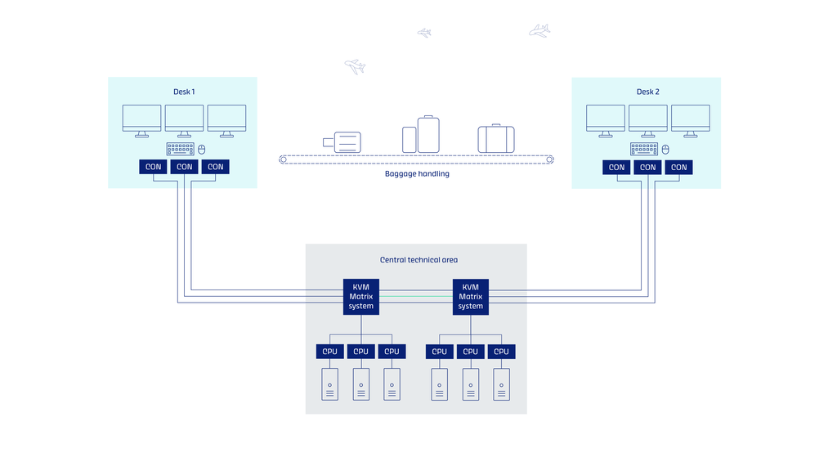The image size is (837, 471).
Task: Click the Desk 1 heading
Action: point(184,92)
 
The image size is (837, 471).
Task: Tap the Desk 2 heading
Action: point(647,92)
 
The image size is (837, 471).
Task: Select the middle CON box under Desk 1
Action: point(184,167)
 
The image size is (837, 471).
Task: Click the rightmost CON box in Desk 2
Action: point(678,167)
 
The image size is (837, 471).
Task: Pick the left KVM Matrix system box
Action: point(360,296)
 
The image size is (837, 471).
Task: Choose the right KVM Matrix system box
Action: point(470,296)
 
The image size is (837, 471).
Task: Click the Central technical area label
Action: point(418,260)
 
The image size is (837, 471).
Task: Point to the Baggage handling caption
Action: point(417,173)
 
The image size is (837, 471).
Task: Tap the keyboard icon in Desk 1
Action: point(181,149)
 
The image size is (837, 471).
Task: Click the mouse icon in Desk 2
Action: point(665,150)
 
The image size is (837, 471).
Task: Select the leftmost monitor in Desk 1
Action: point(141,121)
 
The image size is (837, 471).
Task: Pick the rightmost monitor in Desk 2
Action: point(690,121)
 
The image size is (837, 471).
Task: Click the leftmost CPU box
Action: point(329,352)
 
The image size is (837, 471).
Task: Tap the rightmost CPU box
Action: point(501,352)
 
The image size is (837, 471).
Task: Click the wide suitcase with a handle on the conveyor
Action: point(496,138)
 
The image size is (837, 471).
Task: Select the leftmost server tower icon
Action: point(330,384)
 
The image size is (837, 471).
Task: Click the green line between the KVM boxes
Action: point(416,296)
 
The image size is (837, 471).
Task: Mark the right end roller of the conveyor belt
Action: point(550,159)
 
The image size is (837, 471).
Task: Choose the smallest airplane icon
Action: point(424,33)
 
